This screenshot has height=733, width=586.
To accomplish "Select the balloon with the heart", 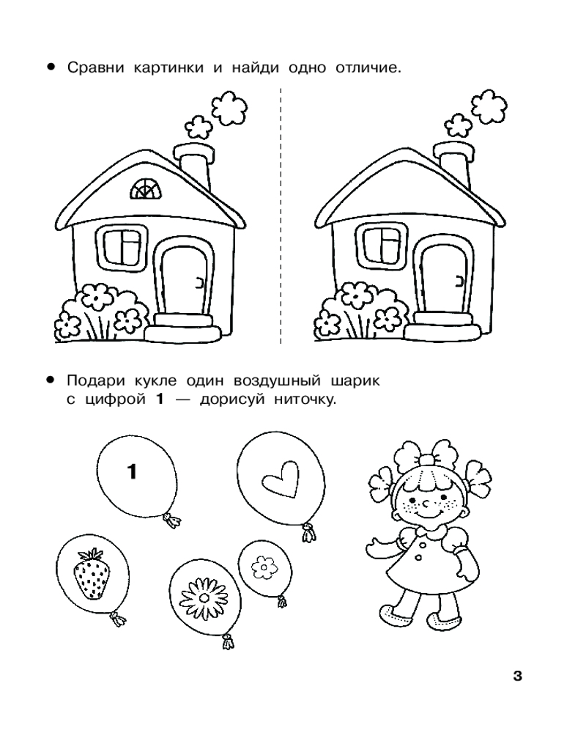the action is (281, 486).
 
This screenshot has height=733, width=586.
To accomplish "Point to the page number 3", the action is (517, 676).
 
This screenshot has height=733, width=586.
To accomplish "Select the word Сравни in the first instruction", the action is (96, 68).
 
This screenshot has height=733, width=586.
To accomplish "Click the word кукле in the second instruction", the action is (155, 380).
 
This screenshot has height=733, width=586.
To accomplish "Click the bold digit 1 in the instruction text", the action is (160, 400).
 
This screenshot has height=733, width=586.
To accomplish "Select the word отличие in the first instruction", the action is (368, 68).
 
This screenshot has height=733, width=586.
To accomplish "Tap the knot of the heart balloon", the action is (308, 532).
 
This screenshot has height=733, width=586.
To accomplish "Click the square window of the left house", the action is (122, 246).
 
